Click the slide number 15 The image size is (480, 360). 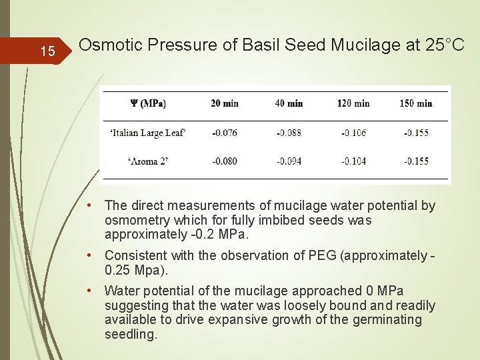[47, 51]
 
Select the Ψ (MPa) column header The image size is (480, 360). [147, 103]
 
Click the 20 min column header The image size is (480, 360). [224, 103]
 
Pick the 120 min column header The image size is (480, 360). [353, 103]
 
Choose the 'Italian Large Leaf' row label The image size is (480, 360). [147, 133]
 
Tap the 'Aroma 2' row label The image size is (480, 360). [147, 161]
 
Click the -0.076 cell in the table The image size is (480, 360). [224, 133]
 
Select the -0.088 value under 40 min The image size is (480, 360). [288, 133]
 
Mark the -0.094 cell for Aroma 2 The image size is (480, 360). [288, 161]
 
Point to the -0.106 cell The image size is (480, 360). [353, 133]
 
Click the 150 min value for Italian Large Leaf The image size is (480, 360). [416, 133]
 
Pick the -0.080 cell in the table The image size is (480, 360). [224, 161]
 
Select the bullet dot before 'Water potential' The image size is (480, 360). [96, 291]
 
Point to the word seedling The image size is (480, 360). [131, 334]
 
